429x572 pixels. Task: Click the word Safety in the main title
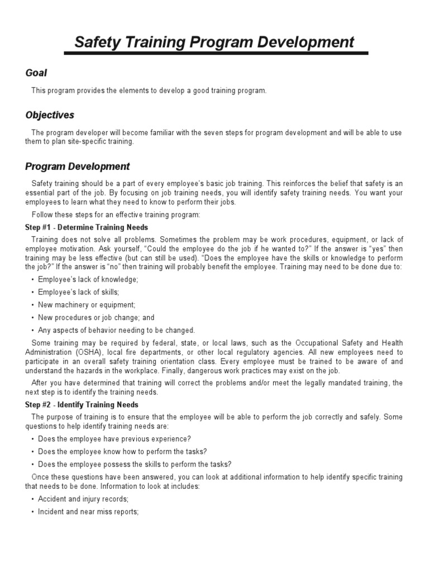click(x=98, y=42)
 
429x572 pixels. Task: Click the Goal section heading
click(x=36, y=73)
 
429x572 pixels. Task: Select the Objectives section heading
click(x=50, y=115)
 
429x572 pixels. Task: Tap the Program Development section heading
click(x=78, y=166)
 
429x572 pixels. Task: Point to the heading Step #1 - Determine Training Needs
click(x=87, y=227)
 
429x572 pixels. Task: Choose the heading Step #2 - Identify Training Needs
click(x=82, y=404)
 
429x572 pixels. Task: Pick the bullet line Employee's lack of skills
click(x=78, y=292)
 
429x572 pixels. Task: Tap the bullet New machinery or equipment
click(x=87, y=304)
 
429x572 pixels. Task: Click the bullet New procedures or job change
click(x=96, y=317)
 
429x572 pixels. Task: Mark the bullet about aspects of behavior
click(x=116, y=330)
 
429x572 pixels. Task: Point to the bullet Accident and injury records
click(x=83, y=499)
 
